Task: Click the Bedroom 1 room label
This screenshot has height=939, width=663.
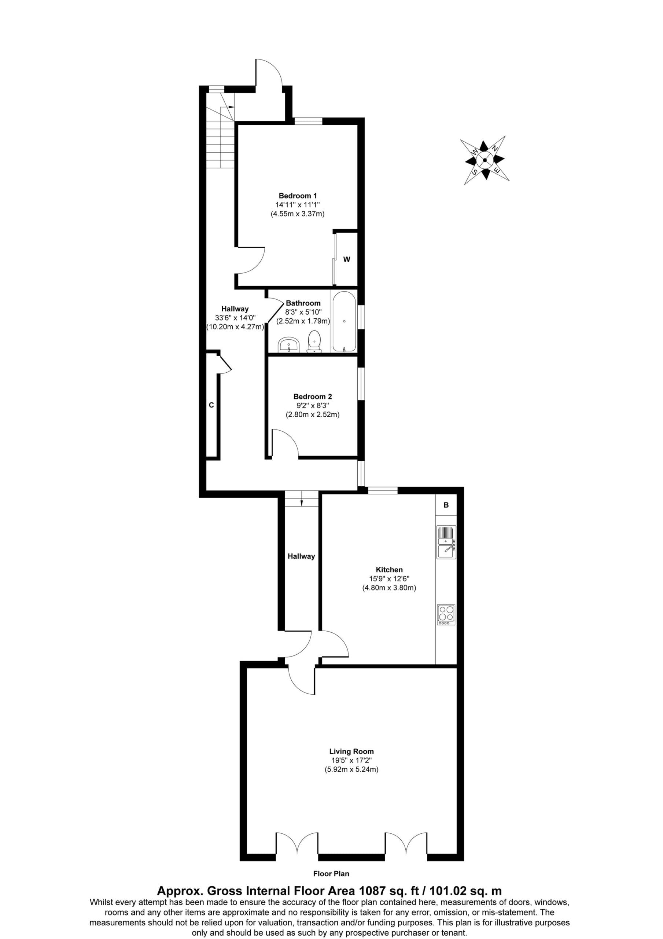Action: pos(298,196)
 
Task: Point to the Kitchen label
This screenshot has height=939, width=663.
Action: pos(389,569)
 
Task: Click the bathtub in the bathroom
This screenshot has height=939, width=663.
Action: pos(345,321)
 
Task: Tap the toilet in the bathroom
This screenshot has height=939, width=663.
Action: pos(314,341)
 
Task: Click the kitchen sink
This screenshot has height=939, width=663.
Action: pos(446,542)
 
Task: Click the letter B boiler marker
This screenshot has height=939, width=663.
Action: pos(446,505)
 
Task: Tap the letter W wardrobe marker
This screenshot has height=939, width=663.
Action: pos(347,259)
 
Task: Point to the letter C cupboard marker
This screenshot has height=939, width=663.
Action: pos(211,405)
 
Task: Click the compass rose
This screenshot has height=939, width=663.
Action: pos(485,160)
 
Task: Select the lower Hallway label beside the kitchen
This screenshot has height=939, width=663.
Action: pos(301,556)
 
